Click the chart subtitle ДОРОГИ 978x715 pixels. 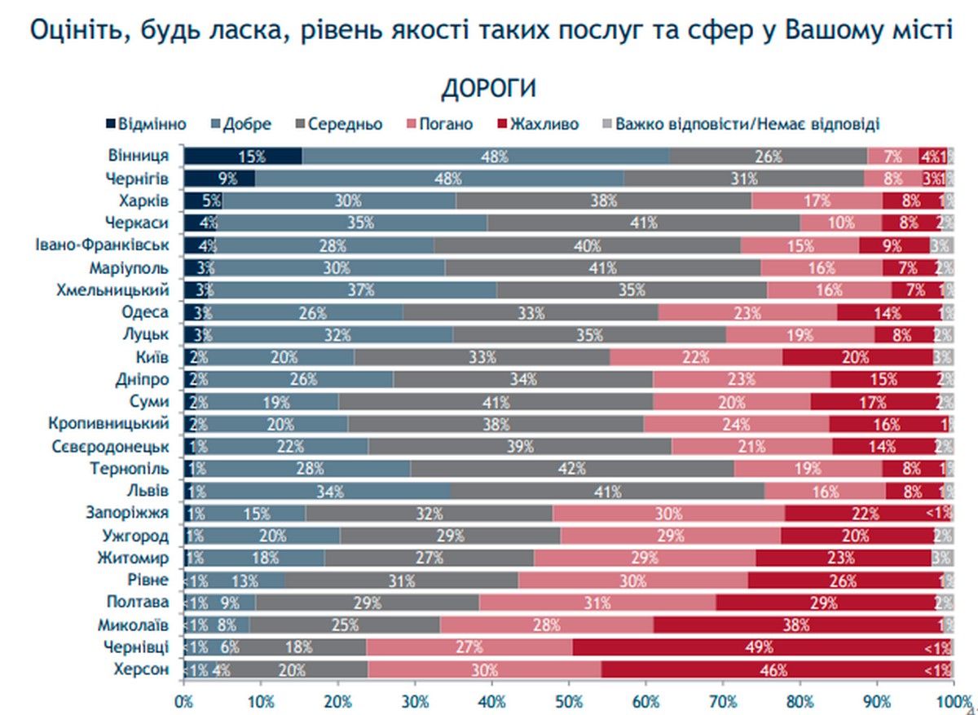(x=489, y=89)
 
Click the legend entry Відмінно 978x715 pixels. (x=146, y=125)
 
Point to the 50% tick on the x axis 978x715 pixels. (x=569, y=699)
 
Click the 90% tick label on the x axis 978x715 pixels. (x=876, y=699)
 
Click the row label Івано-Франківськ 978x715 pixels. (x=102, y=245)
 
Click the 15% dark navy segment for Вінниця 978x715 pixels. (x=242, y=157)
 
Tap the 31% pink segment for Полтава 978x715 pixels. (x=597, y=602)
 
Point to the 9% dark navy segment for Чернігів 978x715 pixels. (x=218, y=179)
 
